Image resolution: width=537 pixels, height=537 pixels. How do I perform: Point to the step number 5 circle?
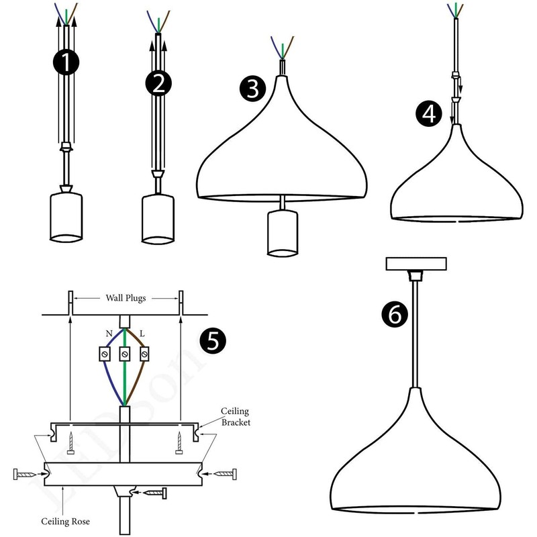pos(213,341)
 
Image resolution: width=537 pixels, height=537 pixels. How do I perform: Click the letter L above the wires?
pos(142,334)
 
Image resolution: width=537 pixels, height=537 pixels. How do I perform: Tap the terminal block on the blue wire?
pos(105,352)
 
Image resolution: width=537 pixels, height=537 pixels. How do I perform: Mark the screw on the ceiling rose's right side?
pos(223,473)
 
